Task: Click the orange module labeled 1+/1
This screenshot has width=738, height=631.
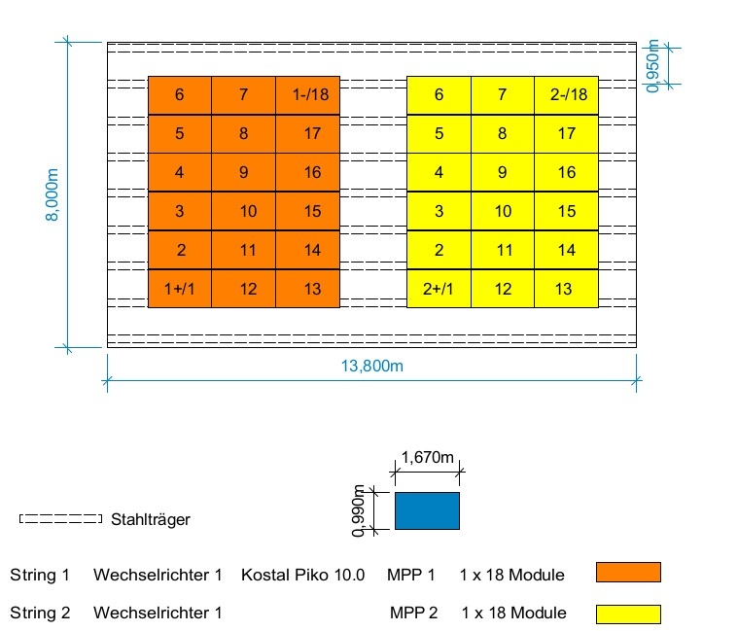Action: [x=180, y=289]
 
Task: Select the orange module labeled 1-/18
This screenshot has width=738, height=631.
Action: [x=308, y=95]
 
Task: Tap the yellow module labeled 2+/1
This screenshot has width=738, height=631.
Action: [x=439, y=289]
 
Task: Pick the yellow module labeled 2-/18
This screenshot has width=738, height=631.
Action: [x=567, y=95]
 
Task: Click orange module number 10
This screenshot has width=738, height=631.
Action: [x=244, y=211]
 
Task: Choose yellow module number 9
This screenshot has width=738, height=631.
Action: [x=503, y=172]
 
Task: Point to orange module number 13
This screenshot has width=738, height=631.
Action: [x=308, y=289]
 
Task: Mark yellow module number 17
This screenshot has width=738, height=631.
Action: [x=567, y=133]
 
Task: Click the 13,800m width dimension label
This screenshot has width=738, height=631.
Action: [x=371, y=366]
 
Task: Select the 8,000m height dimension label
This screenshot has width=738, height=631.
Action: [x=52, y=194]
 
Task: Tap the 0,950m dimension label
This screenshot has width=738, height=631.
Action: [x=652, y=66]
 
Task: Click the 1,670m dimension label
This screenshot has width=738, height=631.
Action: [x=428, y=457]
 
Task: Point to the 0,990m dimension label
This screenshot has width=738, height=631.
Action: [x=358, y=511]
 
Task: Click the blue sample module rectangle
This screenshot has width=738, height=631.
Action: [x=428, y=511]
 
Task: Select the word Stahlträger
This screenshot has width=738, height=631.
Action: [x=151, y=519]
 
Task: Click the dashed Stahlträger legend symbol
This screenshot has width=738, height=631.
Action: [x=60, y=518]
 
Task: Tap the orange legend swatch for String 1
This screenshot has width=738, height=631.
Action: [x=628, y=573]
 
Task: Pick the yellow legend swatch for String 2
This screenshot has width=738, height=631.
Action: [x=628, y=614]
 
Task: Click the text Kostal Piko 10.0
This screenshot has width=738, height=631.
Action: [x=302, y=575]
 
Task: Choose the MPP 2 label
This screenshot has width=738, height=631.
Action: [x=413, y=613]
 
